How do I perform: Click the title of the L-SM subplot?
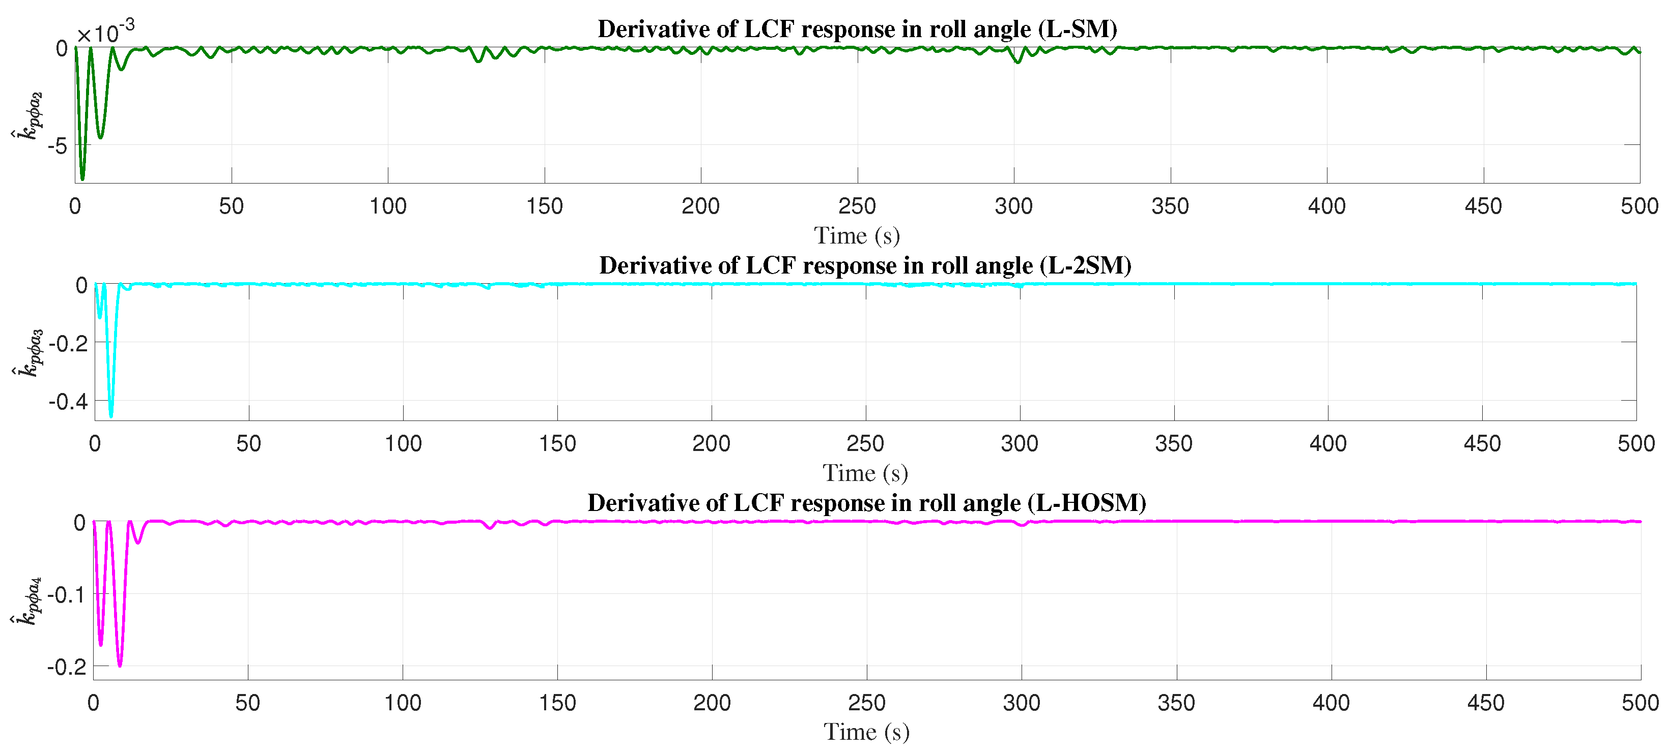[x=857, y=29]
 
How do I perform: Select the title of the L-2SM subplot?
[x=865, y=266]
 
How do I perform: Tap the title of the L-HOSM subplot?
[x=866, y=503]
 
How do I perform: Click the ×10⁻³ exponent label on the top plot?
[x=105, y=31]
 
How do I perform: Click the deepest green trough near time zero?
[x=82, y=177]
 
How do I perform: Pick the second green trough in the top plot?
[x=100, y=136]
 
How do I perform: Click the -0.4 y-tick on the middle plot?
[x=68, y=402]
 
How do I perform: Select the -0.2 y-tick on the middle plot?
[x=68, y=343]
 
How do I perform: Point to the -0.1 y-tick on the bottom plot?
[x=67, y=594]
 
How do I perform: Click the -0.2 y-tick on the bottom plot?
[x=67, y=667]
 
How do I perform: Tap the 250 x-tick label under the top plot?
[x=857, y=206]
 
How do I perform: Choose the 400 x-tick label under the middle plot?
[x=1328, y=444]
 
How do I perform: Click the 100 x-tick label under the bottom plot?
[x=403, y=703]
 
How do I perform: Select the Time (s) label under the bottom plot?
[x=866, y=732]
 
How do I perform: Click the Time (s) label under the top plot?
[x=857, y=236]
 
